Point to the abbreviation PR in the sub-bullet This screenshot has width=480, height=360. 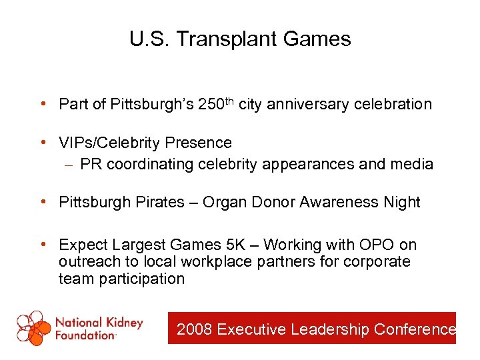point(89,164)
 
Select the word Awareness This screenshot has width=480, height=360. point(340,203)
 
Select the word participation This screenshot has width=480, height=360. point(141,279)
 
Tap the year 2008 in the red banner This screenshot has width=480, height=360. point(194,329)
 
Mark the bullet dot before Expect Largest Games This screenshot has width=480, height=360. point(43,245)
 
